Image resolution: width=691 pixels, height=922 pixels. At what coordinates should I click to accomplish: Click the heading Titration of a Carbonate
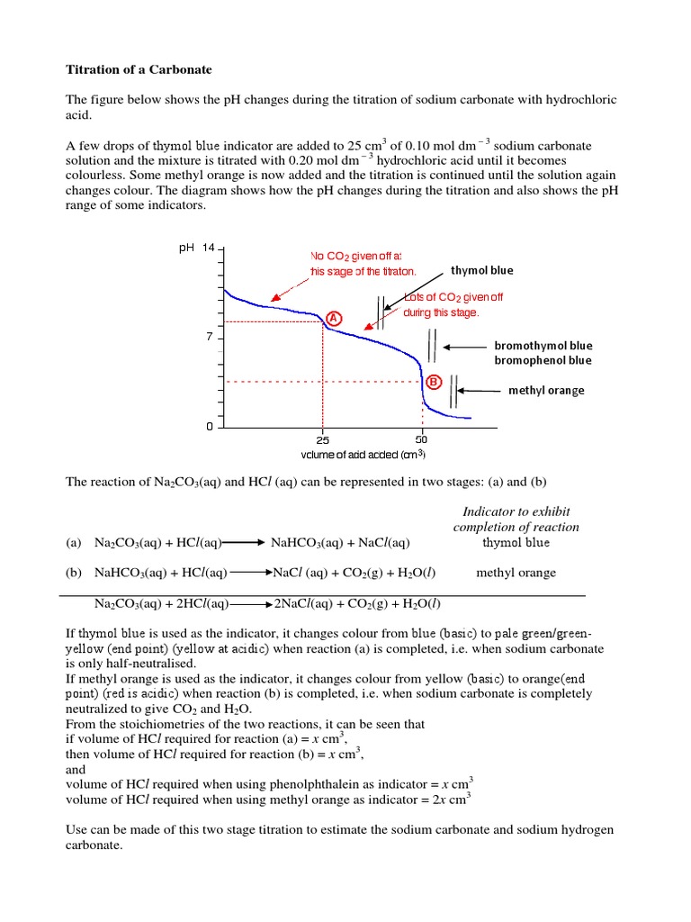(139, 69)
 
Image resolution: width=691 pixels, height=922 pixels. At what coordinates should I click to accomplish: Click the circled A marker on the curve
(334, 319)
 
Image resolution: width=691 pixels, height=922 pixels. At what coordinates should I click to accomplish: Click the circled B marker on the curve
(433, 382)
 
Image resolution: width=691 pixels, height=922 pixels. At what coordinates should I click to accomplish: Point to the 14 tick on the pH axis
(209, 249)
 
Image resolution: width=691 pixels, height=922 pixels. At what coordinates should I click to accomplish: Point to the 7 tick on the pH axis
(210, 337)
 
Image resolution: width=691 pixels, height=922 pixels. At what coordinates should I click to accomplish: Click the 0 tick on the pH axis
(210, 426)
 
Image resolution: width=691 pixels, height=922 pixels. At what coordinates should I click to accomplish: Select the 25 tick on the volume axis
(322, 440)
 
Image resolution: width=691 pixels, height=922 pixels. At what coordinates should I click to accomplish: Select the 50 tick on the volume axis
(421, 440)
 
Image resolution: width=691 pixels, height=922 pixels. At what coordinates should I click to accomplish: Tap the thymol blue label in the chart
(481, 270)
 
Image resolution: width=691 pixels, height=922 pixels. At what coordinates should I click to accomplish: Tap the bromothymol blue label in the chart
(543, 345)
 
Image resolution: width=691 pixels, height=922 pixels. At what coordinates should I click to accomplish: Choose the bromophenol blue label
(543, 360)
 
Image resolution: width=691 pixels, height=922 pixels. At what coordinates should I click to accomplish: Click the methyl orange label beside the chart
(546, 390)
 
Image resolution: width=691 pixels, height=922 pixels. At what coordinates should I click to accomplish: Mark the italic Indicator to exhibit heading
(516, 511)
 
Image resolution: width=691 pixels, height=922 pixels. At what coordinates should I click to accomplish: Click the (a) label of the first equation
(74, 542)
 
